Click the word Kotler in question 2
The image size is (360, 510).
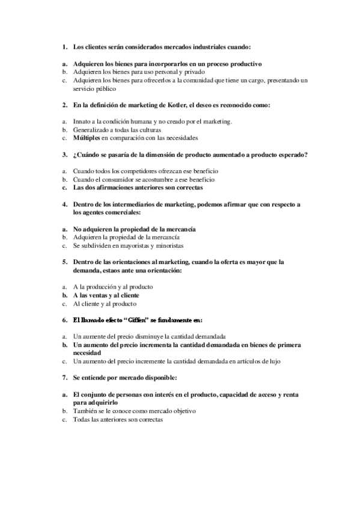[181, 105]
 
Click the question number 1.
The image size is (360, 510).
[64, 46]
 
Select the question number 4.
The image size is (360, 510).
[64, 204]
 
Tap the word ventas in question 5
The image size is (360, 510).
[103, 295]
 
